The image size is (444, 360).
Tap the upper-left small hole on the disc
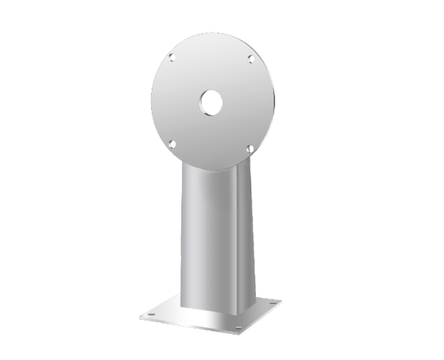(x=172, y=56)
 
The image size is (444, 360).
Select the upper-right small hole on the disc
(x=251, y=58)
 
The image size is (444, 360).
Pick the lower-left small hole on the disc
(x=172, y=143)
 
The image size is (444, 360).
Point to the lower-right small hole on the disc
(x=250, y=148)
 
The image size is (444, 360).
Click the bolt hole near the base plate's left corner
(x=151, y=314)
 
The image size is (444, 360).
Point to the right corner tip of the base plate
(x=281, y=301)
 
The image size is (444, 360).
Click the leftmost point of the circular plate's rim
(x=151, y=99)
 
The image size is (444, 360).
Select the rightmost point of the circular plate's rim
(x=275, y=99)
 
